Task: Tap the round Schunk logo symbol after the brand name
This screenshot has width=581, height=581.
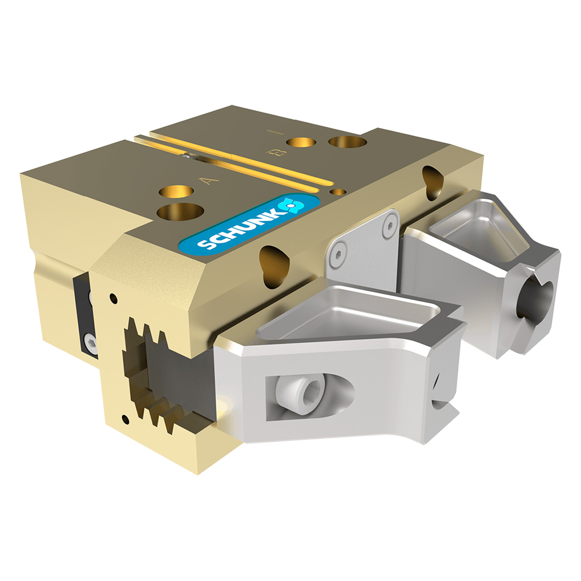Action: [292, 205]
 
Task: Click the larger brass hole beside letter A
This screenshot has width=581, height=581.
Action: [180, 212]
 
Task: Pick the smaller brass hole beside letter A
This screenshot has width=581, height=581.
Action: [176, 192]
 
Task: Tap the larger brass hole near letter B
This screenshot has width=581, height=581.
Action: [347, 141]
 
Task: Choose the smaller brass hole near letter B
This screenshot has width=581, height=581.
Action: [301, 142]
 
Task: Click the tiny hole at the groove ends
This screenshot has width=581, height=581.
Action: [338, 192]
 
